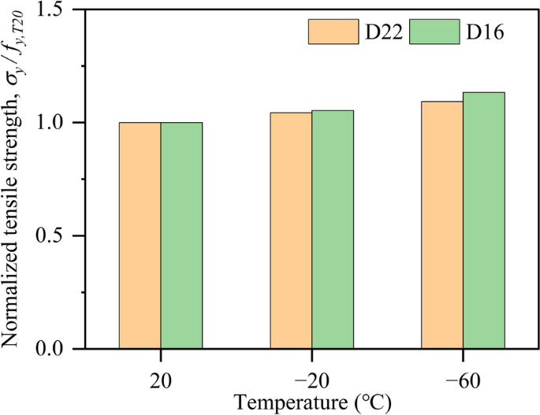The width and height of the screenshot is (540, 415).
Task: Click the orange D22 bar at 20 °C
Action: pos(140,235)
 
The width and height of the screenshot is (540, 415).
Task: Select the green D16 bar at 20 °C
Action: pos(181,235)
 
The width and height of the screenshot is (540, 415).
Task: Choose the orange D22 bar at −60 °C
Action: pos(442,224)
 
